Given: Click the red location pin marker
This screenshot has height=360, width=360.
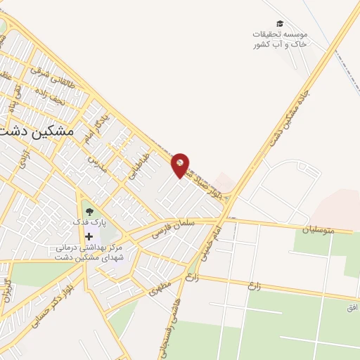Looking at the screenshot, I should pos(181,165).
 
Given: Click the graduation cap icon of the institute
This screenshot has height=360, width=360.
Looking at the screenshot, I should pos(280,23).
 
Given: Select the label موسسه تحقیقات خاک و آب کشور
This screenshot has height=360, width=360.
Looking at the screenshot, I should pos(280,39).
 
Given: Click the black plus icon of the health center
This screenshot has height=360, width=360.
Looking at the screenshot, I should pos(88,236).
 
